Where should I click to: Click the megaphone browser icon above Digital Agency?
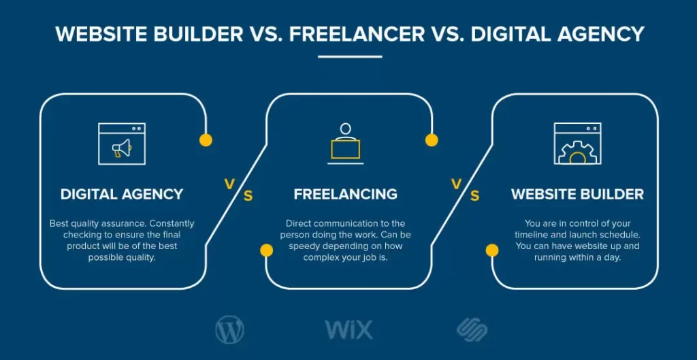(122, 144)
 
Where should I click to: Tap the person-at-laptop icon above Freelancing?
(345, 144)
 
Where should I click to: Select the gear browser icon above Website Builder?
(577, 144)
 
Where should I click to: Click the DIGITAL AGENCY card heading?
(122, 194)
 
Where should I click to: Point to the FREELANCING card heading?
(345, 194)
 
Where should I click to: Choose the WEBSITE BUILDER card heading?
(577, 194)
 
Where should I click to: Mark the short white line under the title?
(350, 56)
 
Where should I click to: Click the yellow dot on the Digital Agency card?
(206, 140)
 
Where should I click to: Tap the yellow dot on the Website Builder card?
(491, 250)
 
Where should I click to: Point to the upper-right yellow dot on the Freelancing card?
(432, 140)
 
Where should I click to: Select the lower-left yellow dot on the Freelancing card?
(267, 250)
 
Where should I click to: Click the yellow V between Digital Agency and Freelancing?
(229, 183)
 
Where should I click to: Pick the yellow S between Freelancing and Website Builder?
(474, 197)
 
